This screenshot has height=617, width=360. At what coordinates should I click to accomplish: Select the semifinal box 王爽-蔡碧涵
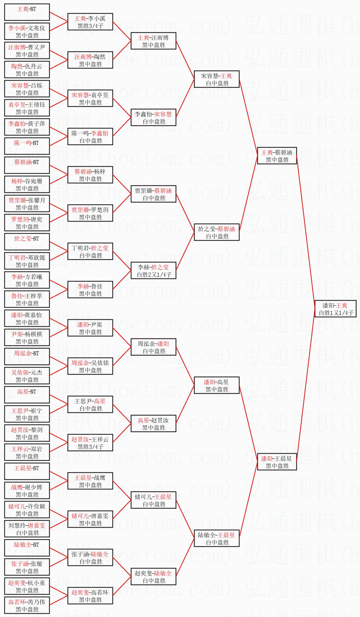277,156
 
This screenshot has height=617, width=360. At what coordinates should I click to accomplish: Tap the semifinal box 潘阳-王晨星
277,462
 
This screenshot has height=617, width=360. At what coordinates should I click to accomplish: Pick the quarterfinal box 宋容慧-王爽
217,79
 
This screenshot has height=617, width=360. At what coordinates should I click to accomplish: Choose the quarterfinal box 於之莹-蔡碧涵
217,232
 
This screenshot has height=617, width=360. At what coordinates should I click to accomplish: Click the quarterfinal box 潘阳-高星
217,385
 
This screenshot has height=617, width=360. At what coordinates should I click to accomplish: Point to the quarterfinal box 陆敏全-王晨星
217,538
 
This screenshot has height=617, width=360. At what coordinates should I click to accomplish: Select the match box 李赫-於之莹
154,270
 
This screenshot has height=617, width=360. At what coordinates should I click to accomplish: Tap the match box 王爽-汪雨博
154,41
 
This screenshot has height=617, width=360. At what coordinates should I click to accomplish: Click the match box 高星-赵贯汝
154,423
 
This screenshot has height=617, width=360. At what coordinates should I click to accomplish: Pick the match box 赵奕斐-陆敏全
154,577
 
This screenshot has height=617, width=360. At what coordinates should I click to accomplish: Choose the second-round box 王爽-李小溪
90,22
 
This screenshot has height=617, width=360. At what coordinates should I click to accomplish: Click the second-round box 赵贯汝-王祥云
90,443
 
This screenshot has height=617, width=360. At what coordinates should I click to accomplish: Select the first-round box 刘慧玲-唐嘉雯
27,529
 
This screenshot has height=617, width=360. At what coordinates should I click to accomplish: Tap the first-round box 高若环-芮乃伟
27,605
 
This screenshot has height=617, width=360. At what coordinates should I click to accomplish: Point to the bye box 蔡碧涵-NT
27,165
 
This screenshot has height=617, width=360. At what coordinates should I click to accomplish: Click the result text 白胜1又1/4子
336,313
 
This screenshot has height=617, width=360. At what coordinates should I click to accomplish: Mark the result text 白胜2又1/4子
154,274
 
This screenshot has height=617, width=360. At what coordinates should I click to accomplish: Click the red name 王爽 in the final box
342,305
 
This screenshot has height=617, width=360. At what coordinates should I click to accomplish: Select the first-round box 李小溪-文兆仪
27,31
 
